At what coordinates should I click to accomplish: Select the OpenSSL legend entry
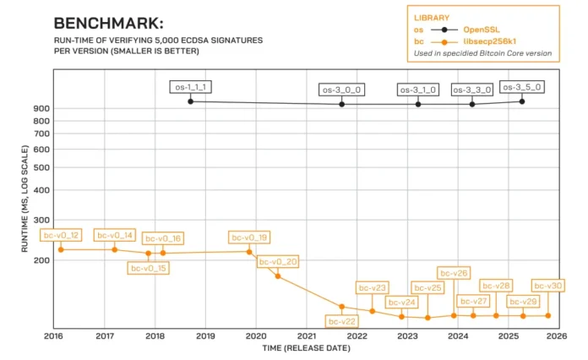tap(482, 29)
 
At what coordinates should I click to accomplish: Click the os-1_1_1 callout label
tap(190, 86)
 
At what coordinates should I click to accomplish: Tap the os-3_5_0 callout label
tap(521, 86)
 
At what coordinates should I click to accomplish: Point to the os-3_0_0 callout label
tap(341, 89)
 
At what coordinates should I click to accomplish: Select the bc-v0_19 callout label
tap(249, 237)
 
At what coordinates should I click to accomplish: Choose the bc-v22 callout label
tap(342, 321)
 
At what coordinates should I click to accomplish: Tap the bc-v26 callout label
tap(454, 273)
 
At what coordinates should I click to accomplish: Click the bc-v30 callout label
tap(547, 286)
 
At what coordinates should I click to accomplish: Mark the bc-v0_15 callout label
tap(148, 268)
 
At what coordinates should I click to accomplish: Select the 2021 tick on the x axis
tap(306, 336)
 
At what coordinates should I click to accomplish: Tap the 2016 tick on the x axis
tap(53, 336)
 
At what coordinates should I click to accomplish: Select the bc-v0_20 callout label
tap(278, 262)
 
